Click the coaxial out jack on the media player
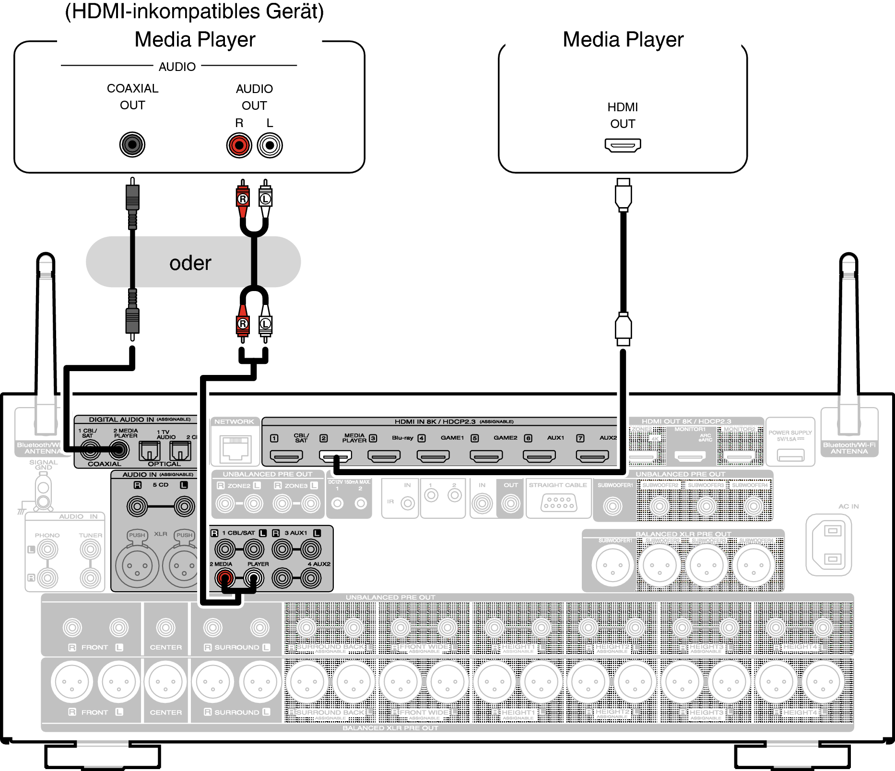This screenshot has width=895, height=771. point(132,145)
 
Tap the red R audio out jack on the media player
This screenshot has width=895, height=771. point(239,145)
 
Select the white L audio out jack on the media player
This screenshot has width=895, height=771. point(270,145)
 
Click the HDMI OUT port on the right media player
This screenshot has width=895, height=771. point(623,145)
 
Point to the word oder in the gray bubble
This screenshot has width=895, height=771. point(190,263)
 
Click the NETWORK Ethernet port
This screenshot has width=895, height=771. point(236,448)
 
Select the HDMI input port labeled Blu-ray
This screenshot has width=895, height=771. point(384,456)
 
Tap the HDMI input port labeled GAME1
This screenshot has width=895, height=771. point(433,456)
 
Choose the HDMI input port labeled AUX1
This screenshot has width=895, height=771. point(539,456)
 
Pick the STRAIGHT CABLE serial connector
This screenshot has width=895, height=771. point(558,503)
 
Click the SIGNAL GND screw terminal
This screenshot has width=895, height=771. point(43,494)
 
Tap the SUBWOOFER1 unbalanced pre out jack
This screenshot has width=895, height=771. point(612,506)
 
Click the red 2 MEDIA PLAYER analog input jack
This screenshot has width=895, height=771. point(224,578)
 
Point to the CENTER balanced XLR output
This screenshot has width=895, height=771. point(165,682)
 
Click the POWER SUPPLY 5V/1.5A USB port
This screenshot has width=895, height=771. point(790,455)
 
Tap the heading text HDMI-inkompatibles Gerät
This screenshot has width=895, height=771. point(194,12)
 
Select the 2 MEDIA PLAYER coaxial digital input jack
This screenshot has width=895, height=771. point(119,450)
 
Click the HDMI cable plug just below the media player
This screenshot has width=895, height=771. point(623,194)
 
